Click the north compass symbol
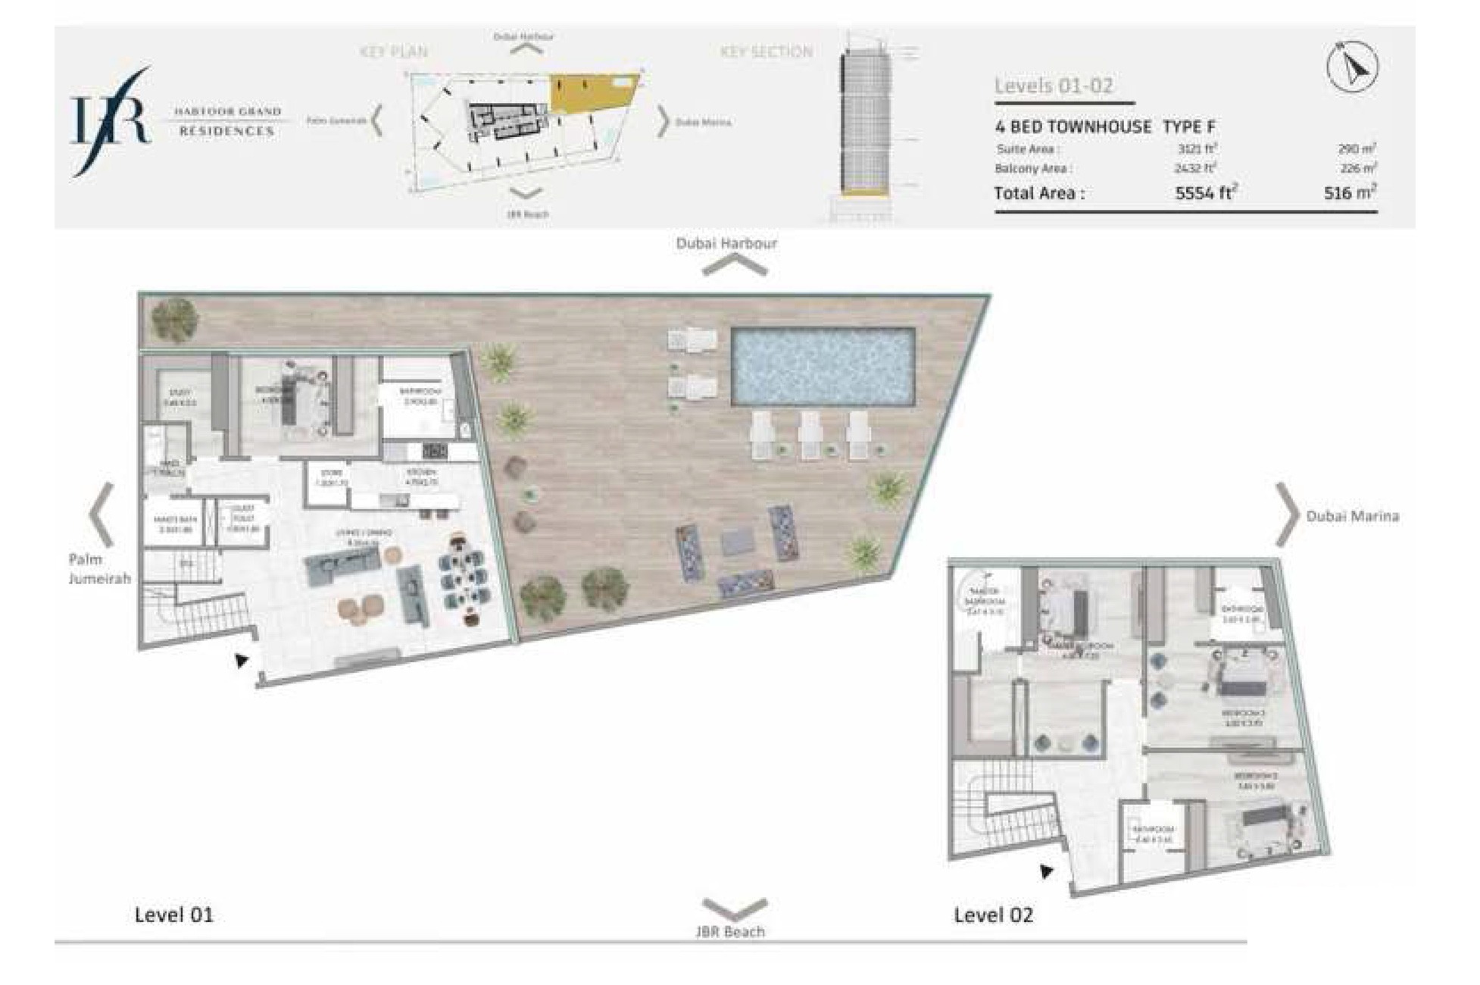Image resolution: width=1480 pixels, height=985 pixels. [x=1352, y=67]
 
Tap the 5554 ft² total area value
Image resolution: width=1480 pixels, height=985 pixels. [x=1205, y=193]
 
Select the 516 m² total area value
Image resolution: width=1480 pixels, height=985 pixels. [x=1349, y=193]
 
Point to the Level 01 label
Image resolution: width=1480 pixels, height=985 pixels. [x=173, y=915]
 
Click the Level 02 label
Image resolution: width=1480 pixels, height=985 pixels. [x=993, y=915]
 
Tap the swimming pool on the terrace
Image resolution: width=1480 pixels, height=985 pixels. [x=823, y=366]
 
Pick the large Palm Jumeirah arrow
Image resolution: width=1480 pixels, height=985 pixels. [x=101, y=514]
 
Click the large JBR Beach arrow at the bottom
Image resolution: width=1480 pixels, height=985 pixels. [x=734, y=907]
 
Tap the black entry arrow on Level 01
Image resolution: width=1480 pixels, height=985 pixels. [x=242, y=660]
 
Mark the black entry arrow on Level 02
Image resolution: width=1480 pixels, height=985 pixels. [x=1046, y=871]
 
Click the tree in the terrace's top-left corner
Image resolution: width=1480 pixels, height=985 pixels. [x=174, y=319]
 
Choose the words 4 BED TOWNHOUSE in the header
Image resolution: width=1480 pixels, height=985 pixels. [x=1073, y=127]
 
